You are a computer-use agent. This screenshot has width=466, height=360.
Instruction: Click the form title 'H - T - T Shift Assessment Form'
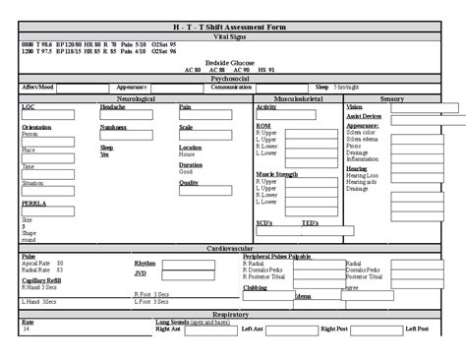(232, 25)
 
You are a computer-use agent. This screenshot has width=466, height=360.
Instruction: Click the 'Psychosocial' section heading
(232, 78)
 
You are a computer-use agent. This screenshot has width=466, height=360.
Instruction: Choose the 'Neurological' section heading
(137, 98)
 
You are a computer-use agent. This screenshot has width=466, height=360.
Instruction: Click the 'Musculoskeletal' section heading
(300, 98)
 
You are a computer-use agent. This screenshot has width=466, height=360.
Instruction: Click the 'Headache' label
(112, 106)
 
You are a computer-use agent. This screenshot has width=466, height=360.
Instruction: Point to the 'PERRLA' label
(33, 203)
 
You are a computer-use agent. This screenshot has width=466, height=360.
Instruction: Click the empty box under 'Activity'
(304, 115)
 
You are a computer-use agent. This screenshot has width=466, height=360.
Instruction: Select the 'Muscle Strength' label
(276, 173)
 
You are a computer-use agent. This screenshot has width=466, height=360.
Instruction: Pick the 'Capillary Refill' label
(42, 279)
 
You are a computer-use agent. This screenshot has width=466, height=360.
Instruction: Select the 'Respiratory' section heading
(232, 314)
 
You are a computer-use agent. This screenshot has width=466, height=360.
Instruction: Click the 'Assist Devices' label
(364, 116)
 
